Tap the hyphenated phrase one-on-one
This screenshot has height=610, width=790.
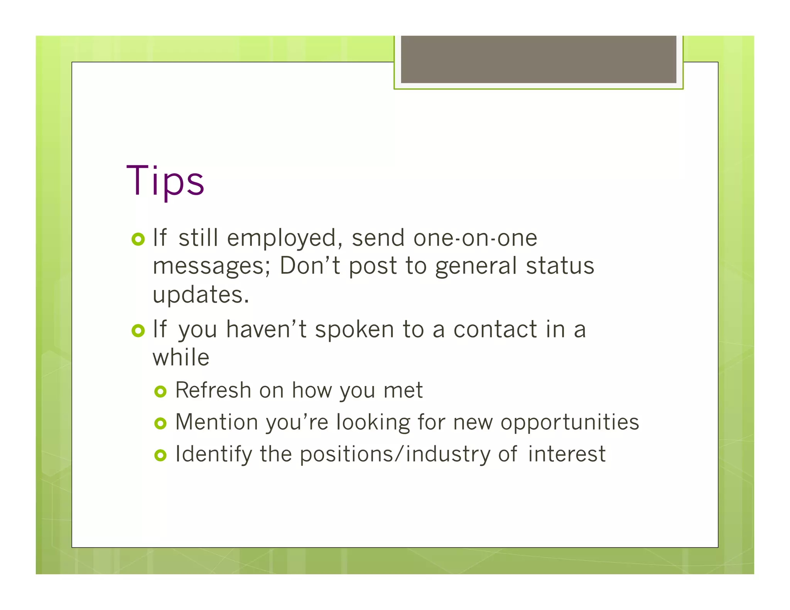475,238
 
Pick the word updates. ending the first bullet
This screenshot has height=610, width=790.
201,295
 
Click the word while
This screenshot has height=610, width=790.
181,357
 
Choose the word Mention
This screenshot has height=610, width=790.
216,422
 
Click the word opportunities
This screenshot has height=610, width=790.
569,423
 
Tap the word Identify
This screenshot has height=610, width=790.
213,454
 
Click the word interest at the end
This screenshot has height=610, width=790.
566,454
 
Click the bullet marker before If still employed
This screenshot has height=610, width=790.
138,239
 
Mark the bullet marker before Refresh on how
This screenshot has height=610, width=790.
160,392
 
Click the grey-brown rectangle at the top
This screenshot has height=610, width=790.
538,59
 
